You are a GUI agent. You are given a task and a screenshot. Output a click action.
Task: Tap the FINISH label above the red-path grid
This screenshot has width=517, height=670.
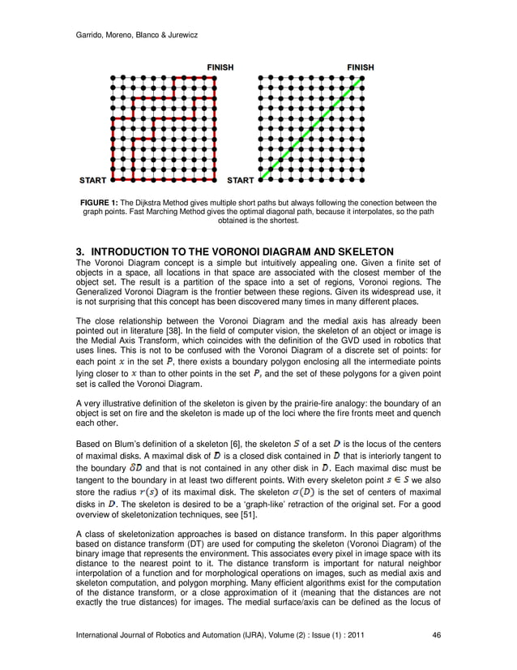point(216,67)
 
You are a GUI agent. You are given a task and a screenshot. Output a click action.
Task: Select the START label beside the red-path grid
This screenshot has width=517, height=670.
point(93,179)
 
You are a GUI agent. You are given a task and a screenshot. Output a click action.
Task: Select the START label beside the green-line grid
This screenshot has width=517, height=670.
point(241,179)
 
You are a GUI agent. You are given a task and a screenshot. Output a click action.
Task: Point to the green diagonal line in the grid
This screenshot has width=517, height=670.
point(312,127)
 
